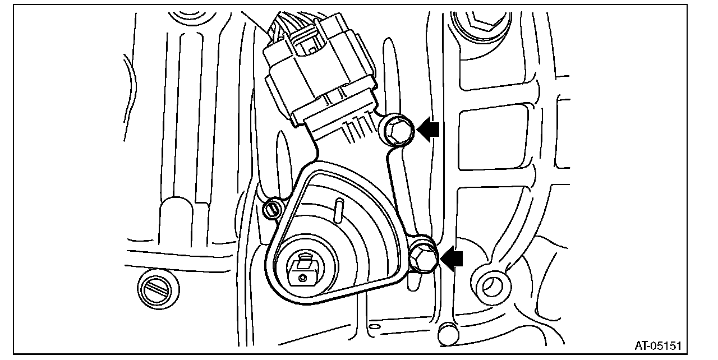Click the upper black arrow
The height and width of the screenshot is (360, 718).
click(x=427, y=131)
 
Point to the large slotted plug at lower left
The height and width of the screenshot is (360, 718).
click(x=158, y=287)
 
